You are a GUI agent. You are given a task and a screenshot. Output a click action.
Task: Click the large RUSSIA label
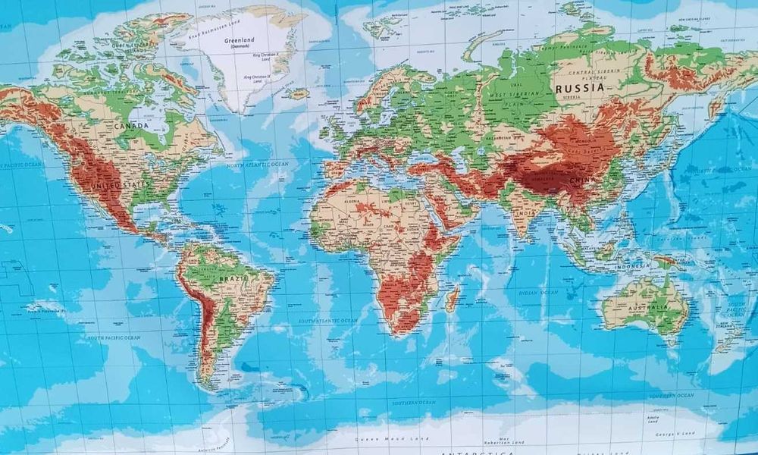pos(580,88)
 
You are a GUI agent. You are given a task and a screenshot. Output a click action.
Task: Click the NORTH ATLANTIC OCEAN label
pos(257,163)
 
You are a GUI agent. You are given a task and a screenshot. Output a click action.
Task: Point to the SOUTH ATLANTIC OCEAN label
pos(327,321)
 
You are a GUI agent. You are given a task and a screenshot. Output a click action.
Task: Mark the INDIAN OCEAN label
pos(537,292)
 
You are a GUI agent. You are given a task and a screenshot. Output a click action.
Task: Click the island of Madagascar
pos(452,297)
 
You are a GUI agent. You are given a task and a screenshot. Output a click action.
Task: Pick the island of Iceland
pos(299,94)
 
